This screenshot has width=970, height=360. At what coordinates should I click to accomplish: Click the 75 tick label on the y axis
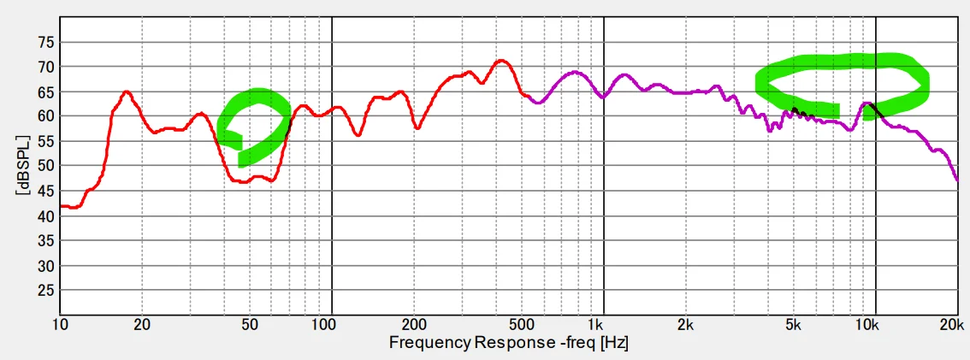coord(43,42)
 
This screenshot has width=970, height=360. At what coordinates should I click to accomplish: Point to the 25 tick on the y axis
coord(43,291)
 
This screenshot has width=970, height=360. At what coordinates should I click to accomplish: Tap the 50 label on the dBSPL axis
coord(43,166)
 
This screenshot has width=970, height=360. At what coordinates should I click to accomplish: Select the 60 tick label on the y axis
coord(43,116)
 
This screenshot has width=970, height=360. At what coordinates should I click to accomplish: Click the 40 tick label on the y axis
coord(43,216)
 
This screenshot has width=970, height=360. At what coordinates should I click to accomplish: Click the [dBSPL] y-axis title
coord(20,166)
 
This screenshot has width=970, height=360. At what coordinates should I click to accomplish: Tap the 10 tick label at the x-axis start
coord(60,326)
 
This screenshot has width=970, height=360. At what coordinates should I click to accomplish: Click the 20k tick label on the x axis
coord(951,326)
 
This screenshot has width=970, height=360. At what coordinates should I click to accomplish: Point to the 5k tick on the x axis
coord(793,326)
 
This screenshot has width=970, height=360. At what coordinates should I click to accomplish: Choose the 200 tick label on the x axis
coord(414,326)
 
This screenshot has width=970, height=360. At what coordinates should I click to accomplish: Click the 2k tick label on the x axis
coord(684,326)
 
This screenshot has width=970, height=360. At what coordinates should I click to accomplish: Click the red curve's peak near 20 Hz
coord(127,91)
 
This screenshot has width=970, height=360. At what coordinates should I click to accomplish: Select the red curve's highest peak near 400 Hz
coord(501,61)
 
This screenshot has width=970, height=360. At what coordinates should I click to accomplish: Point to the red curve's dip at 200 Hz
coord(417,127)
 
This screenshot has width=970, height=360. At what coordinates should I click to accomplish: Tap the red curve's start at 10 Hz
coord(62,206)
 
